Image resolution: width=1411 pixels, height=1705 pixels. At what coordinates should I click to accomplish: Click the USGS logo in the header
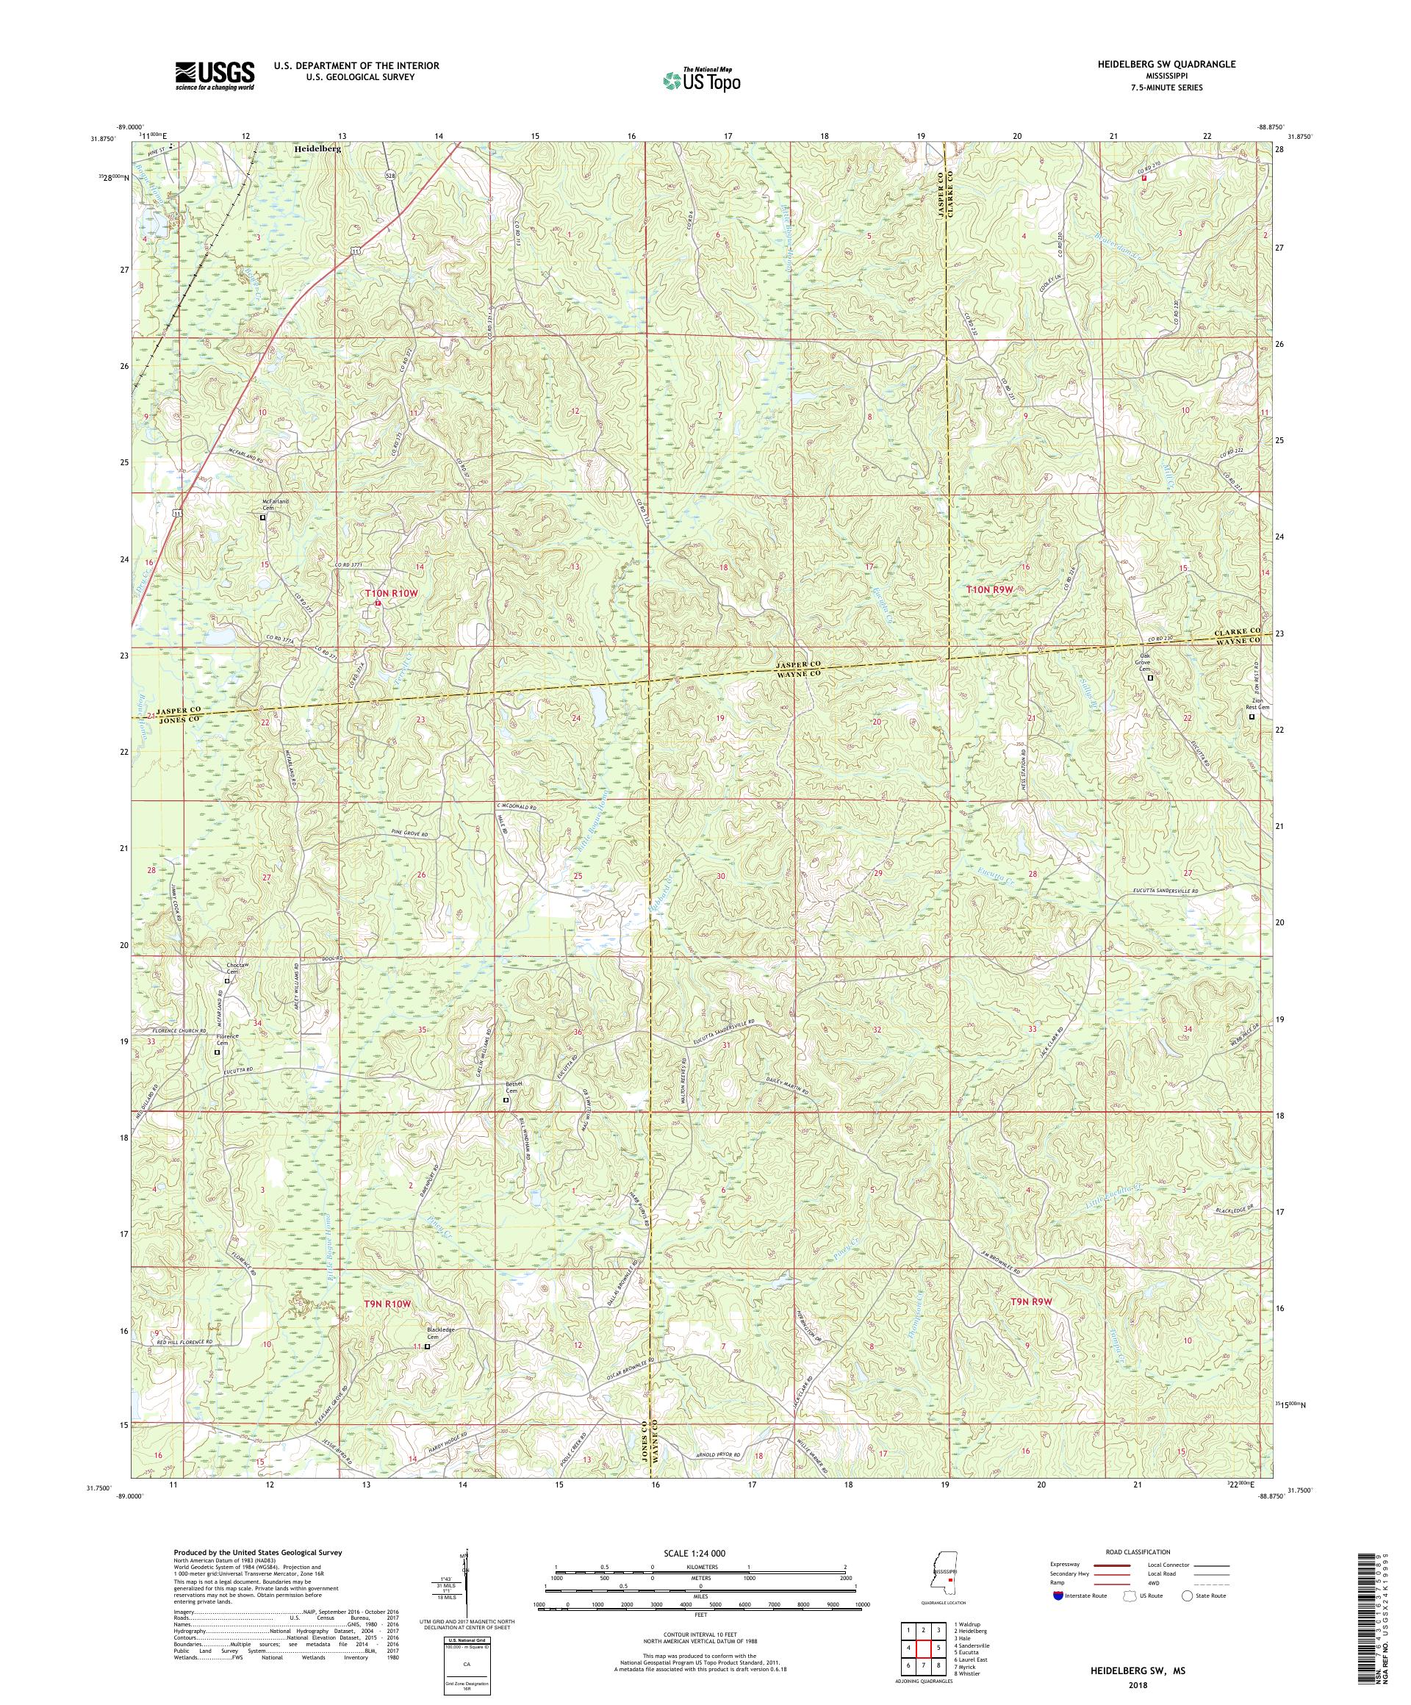pyautogui.click(x=215, y=76)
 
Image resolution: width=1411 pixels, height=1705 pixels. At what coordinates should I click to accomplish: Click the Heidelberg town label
pyautogui.click(x=317, y=150)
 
